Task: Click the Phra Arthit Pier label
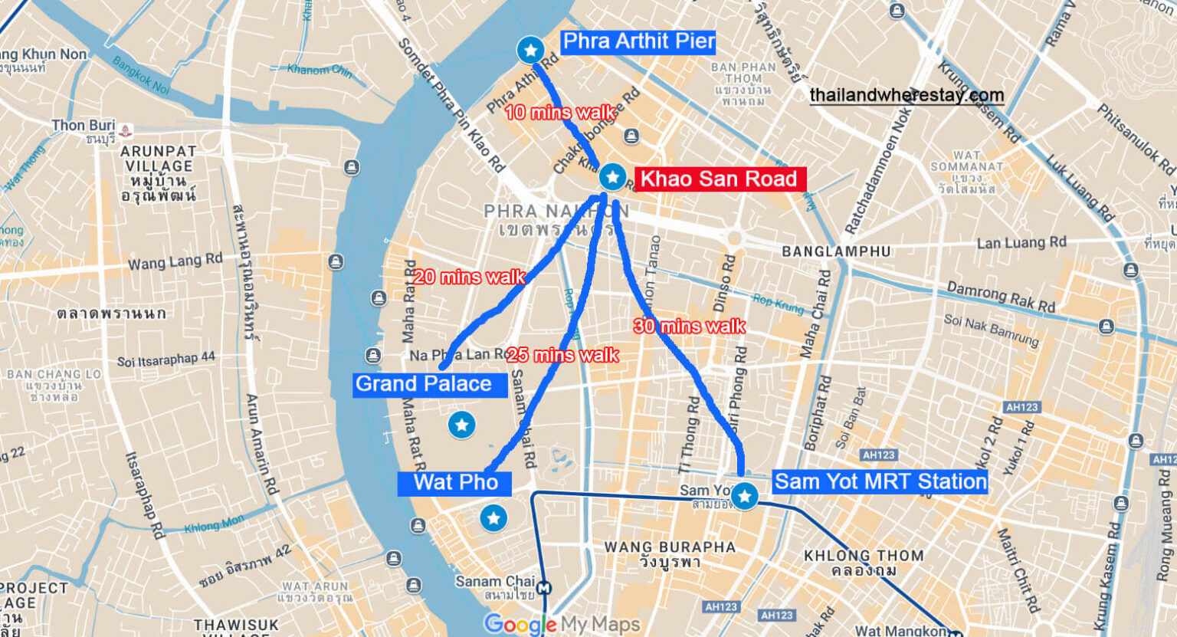coord(638,41)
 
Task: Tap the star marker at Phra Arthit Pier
coord(530,51)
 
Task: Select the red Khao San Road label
coord(719,179)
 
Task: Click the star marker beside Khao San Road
coord(612,177)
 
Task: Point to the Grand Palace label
coord(424,384)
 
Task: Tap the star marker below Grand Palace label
coord(461,424)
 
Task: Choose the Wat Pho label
coord(455,483)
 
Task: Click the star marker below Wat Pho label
coord(493,518)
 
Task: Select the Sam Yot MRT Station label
coord(880,481)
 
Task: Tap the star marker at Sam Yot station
coord(744,496)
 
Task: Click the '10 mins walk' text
coord(559,113)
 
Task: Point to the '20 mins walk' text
coord(469,277)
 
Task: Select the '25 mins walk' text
coord(562,355)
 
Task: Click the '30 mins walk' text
coord(690,327)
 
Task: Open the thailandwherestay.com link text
coord(906,95)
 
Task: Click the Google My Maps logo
coord(562,624)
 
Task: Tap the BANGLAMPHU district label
coord(836,251)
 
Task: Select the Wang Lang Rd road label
coord(175,262)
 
